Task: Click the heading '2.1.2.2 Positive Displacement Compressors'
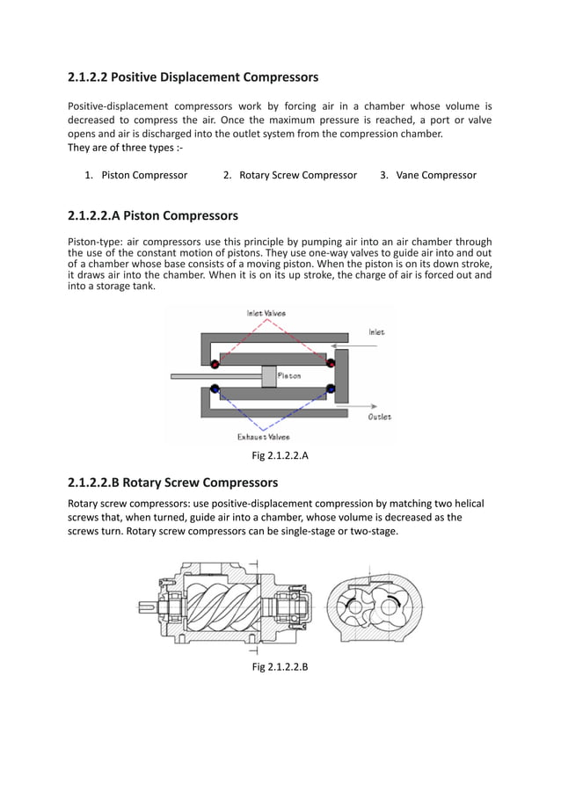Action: point(193,77)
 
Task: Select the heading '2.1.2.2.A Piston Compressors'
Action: point(152,215)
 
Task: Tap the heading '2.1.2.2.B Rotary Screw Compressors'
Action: point(172,483)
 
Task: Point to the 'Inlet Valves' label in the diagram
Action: point(265,313)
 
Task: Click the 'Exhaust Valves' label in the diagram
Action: point(264,436)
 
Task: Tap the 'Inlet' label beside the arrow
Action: point(376,332)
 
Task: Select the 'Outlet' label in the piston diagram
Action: point(380,417)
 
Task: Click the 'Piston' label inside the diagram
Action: point(289,375)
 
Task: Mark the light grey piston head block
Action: point(269,375)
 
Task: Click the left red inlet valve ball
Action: point(215,362)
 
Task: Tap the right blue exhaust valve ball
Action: point(331,388)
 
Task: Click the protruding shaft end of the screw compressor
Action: point(148,605)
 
